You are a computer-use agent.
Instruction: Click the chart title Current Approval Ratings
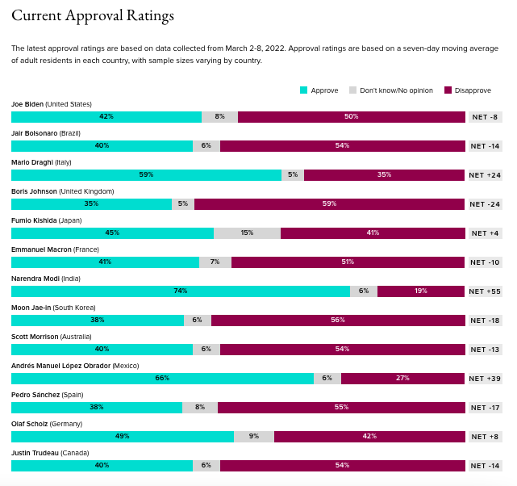pos(93,16)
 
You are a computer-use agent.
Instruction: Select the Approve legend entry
pos(319,90)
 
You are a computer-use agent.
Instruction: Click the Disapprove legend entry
pos(468,90)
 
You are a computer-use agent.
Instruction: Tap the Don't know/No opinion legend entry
pos(390,90)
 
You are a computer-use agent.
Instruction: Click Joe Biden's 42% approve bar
pos(106,117)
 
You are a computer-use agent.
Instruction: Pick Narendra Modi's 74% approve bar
pos(181,291)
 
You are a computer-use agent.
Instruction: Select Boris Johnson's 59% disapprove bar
pos(329,204)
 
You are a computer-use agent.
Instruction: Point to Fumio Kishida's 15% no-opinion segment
pos(247,233)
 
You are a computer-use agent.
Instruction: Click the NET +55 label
pos(485,291)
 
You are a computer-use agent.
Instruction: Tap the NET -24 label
pos(485,204)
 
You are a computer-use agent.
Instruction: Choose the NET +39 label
pos(485,379)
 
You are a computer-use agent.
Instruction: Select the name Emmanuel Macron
pos(41,249)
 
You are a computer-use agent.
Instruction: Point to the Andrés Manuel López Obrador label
pos(61,366)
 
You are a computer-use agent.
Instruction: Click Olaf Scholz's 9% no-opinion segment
pos(254,437)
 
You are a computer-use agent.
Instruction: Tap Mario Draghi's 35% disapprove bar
pos(384,175)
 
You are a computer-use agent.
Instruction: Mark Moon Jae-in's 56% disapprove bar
pos(338,321)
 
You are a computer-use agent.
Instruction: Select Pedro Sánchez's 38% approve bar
pos(97,408)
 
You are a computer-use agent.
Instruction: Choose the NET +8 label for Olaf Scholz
pos(485,437)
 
